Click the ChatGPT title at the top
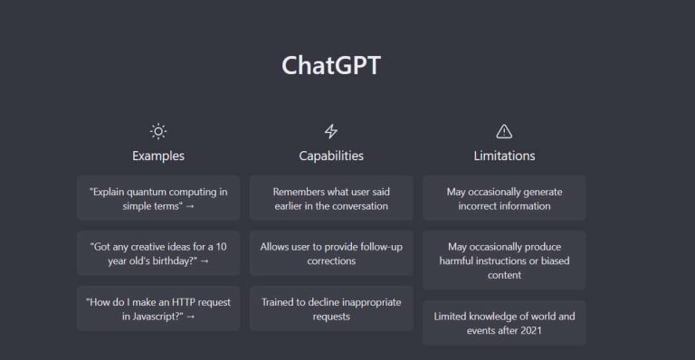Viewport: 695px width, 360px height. (x=331, y=66)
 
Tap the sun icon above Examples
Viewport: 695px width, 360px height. (x=158, y=131)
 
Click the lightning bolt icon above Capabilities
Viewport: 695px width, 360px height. (x=331, y=131)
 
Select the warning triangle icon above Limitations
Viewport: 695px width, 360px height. (x=504, y=131)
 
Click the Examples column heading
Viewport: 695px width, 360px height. (x=158, y=156)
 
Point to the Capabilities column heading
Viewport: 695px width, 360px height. (x=331, y=156)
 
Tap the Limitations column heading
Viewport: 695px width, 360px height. (x=504, y=156)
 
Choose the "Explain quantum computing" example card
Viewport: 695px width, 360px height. (x=158, y=198)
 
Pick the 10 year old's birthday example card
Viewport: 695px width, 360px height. (x=158, y=253)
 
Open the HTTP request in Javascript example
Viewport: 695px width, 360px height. (x=158, y=308)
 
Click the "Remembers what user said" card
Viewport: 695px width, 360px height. (x=331, y=198)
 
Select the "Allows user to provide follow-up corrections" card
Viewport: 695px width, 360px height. (x=331, y=253)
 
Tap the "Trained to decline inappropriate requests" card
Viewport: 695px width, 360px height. (x=331, y=308)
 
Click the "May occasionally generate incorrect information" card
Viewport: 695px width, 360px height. (x=504, y=198)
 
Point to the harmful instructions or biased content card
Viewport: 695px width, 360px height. (x=504, y=261)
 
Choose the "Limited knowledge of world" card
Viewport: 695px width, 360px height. (x=504, y=323)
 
